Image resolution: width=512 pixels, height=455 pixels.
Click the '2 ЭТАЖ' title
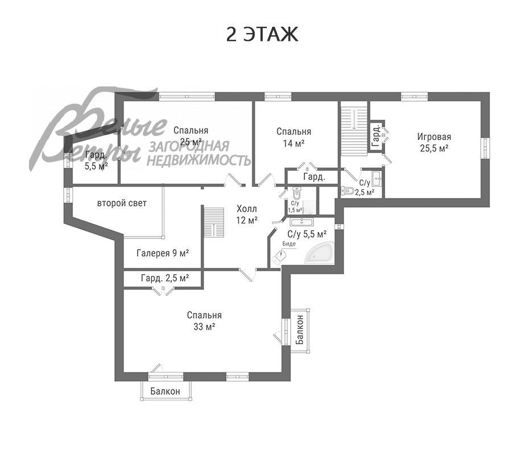262,34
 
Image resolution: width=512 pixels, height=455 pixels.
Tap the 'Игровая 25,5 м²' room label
434,142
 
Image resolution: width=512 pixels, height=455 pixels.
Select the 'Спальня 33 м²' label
204,321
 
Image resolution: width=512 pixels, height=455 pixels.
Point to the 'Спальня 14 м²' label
294,137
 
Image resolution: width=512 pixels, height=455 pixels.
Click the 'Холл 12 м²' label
247,214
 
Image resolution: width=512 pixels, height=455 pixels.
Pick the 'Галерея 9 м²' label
163,253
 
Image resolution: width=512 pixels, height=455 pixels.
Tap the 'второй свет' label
122,203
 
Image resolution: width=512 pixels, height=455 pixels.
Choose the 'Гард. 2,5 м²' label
165,278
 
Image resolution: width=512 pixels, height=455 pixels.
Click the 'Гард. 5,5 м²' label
96,160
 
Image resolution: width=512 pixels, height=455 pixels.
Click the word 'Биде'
289,243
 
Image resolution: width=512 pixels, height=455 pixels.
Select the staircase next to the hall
213,222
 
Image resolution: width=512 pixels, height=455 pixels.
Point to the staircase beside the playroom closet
354,129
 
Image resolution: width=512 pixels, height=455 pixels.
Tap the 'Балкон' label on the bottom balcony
165,391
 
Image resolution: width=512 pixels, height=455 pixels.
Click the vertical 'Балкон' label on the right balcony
299,330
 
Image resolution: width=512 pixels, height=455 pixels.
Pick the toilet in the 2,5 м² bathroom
347,191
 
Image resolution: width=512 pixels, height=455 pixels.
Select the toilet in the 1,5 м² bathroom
296,193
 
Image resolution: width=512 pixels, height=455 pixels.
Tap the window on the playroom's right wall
486,148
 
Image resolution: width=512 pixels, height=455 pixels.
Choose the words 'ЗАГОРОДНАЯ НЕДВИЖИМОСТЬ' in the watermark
199,154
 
